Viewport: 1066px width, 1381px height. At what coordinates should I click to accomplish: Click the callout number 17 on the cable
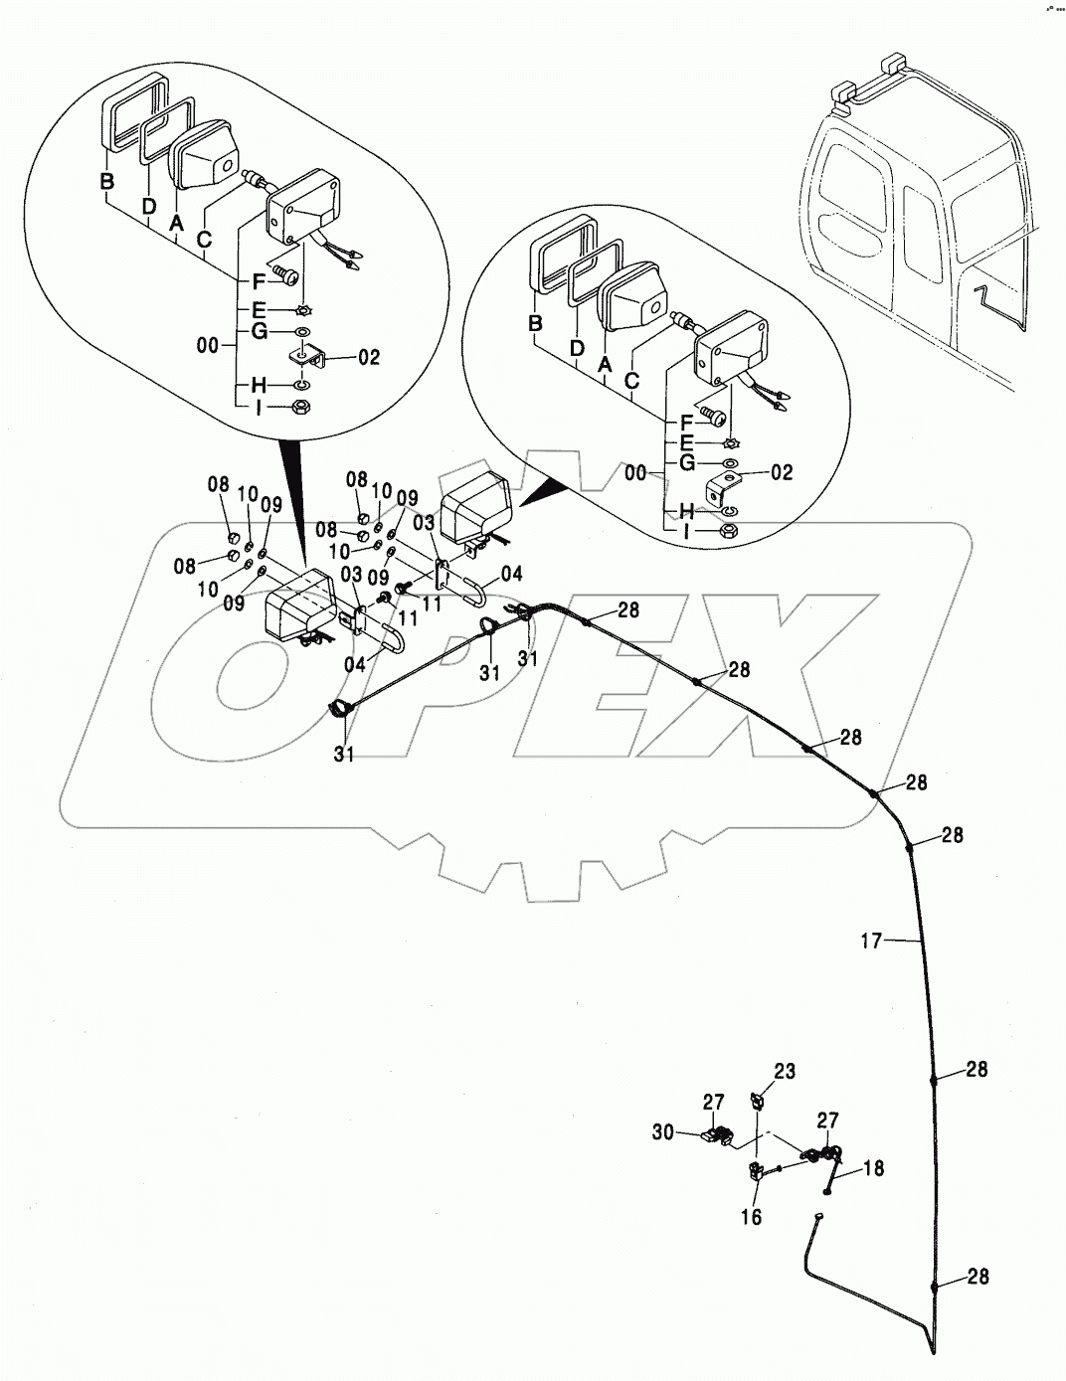tap(871, 940)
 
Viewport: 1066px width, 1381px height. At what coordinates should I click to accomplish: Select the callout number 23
tap(786, 1072)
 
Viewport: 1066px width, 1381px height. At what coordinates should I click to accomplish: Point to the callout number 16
tap(752, 1217)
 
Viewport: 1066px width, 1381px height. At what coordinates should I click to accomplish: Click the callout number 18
tap(873, 1169)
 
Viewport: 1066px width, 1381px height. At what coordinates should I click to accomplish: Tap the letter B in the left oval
tap(106, 182)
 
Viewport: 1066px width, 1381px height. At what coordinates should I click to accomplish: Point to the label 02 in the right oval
tap(783, 473)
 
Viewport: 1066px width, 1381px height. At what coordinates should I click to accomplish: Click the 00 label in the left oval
tap(209, 346)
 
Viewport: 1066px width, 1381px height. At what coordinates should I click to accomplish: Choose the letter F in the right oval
tap(685, 422)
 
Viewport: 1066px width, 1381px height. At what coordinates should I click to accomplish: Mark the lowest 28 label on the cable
tap(977, 1277)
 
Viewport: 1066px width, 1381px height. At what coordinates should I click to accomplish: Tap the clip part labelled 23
tap(759, 1101)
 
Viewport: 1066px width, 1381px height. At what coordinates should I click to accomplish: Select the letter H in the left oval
tap(258, 386)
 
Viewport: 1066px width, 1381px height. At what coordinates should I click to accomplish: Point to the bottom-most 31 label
tap(344, 756)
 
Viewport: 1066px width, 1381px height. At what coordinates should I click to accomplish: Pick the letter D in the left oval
tap(149, 206)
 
